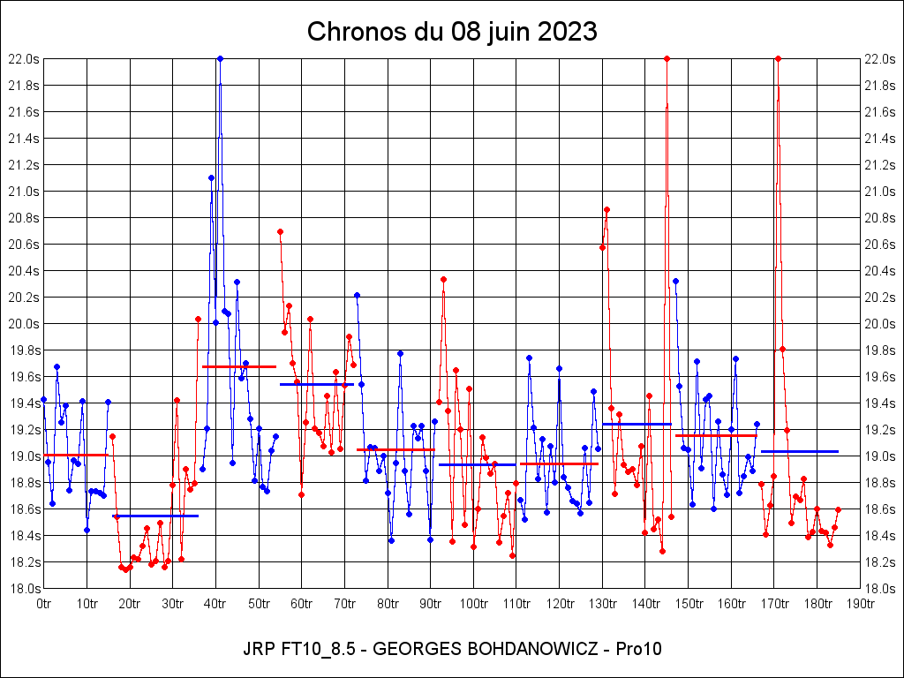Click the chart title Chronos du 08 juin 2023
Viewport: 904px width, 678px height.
(x=452, y=32)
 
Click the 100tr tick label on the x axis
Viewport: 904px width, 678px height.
(x=473, y=604)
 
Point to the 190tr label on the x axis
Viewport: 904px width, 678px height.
(x=860, y=604)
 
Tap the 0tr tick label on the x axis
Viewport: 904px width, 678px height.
(x=43, y=604)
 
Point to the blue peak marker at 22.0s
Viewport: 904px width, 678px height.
(x=220, y=58)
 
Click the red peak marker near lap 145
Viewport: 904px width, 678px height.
(x=667, y=58)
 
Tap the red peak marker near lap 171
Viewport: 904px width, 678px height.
(x=778, y=58)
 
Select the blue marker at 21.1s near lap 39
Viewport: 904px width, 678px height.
(x=211, y=177)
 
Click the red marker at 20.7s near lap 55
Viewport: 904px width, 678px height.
(x=280, y=231)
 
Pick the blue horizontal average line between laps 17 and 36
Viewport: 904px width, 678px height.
(x=155, y=516)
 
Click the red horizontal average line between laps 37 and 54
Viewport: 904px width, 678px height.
(x=239, y=366)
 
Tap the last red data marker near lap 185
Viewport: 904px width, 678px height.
(x=838, y=509)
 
